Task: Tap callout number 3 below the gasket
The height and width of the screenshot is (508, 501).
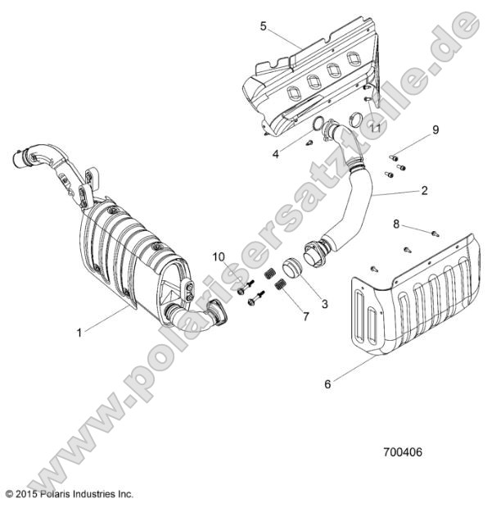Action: coord(324,304)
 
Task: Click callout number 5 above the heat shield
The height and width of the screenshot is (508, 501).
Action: coord(264,26)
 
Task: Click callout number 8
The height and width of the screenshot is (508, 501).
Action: coord(395,223)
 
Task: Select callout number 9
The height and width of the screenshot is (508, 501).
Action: coord(436,129)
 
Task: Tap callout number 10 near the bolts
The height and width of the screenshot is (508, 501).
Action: coord(220,257)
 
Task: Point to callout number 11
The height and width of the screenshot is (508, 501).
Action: coord(374,129)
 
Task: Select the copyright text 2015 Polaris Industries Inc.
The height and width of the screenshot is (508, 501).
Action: coord(69,494)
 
